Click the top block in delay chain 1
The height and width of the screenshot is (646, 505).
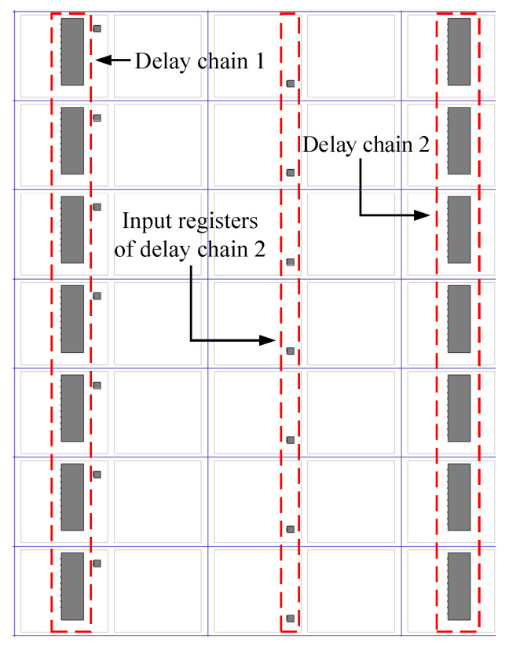coord(72,52)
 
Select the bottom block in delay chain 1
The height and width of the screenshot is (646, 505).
coord(72,586)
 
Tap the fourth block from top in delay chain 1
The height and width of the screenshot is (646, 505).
coord(72,319)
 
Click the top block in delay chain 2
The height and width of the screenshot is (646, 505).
coord(459,52)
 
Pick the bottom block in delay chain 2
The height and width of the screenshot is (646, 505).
coord(459,586)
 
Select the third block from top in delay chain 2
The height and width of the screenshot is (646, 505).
coord(459,229)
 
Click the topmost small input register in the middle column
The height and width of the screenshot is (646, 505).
coord(290,83)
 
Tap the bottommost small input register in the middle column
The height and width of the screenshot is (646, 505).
coord(290,618)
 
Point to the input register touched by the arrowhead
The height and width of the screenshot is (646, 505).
coord(290,351)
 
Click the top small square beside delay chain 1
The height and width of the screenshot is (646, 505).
coord(97,28)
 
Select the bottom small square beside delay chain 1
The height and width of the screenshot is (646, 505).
coord(97,563)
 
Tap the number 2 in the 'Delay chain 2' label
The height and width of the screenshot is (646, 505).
coord(421,145)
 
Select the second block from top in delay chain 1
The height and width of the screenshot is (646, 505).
coord(72,141)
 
